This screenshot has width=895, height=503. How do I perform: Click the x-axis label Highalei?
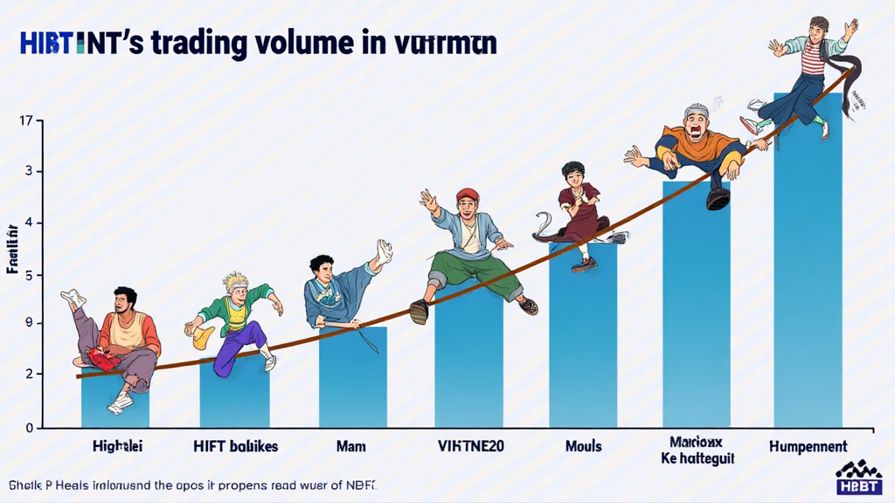(117, 446)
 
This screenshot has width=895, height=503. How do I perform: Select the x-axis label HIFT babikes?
(235, 446)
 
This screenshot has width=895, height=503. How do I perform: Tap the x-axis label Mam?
(351, 446)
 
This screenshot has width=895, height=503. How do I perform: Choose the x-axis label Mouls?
(583, 446)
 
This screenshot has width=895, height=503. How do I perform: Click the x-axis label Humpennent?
(808, 446)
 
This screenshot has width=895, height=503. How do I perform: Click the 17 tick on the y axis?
(24, 121)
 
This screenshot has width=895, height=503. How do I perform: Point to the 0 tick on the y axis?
(28, 428)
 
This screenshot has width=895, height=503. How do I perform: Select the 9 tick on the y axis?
(28, 324)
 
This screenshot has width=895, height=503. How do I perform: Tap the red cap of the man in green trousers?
(468, 194)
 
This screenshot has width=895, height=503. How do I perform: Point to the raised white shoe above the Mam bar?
(383, 251)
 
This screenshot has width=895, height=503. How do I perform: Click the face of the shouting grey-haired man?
(697, 124)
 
